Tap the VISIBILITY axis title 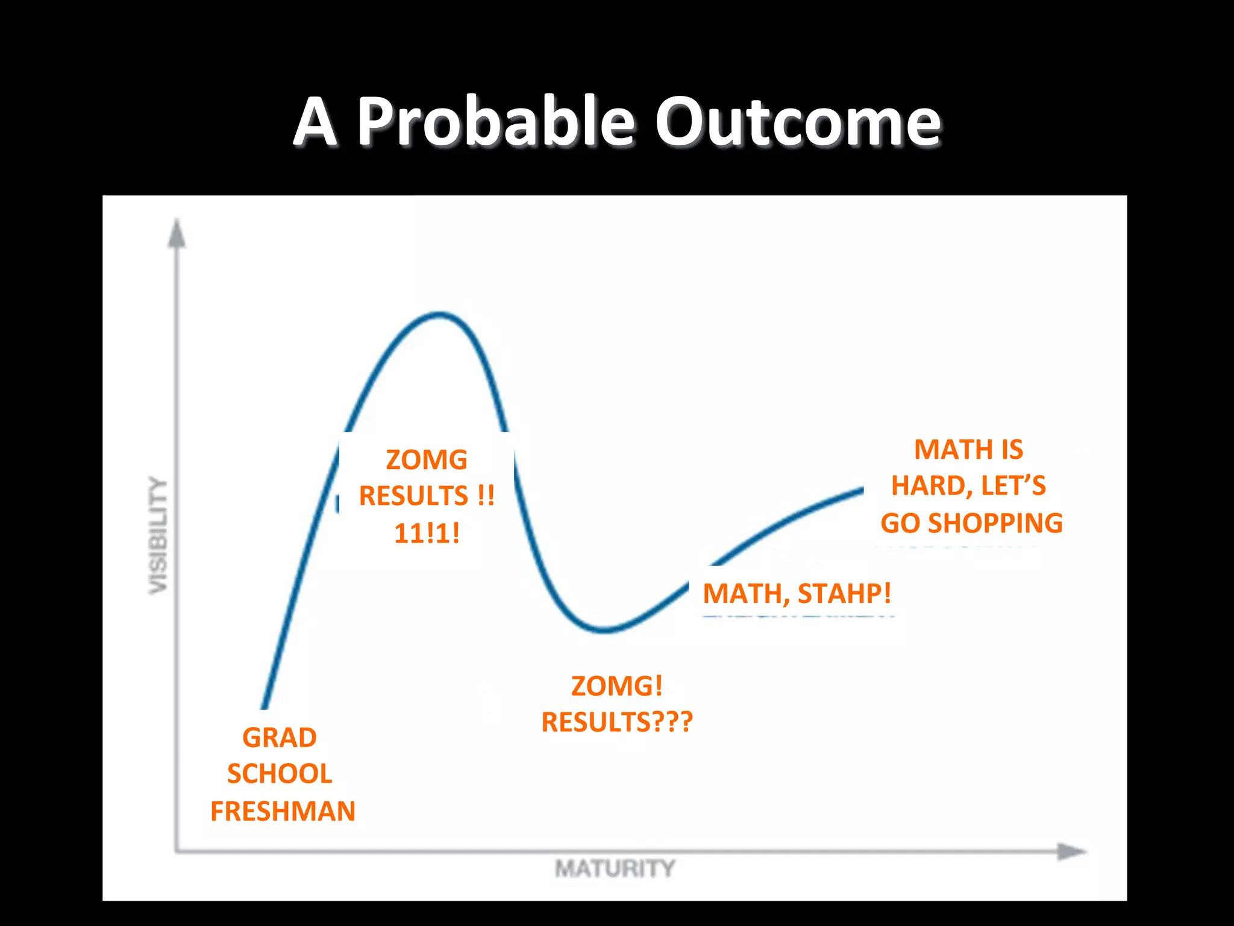158,535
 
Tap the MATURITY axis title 615,869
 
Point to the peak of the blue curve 440,314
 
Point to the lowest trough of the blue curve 605,631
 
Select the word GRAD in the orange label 280,738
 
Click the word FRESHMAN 283,811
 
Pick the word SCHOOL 280,774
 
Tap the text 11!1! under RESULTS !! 427,534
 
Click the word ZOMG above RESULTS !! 427,460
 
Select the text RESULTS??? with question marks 617,722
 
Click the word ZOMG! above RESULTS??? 617,686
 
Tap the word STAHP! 844,594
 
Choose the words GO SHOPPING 971,523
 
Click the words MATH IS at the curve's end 968,450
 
